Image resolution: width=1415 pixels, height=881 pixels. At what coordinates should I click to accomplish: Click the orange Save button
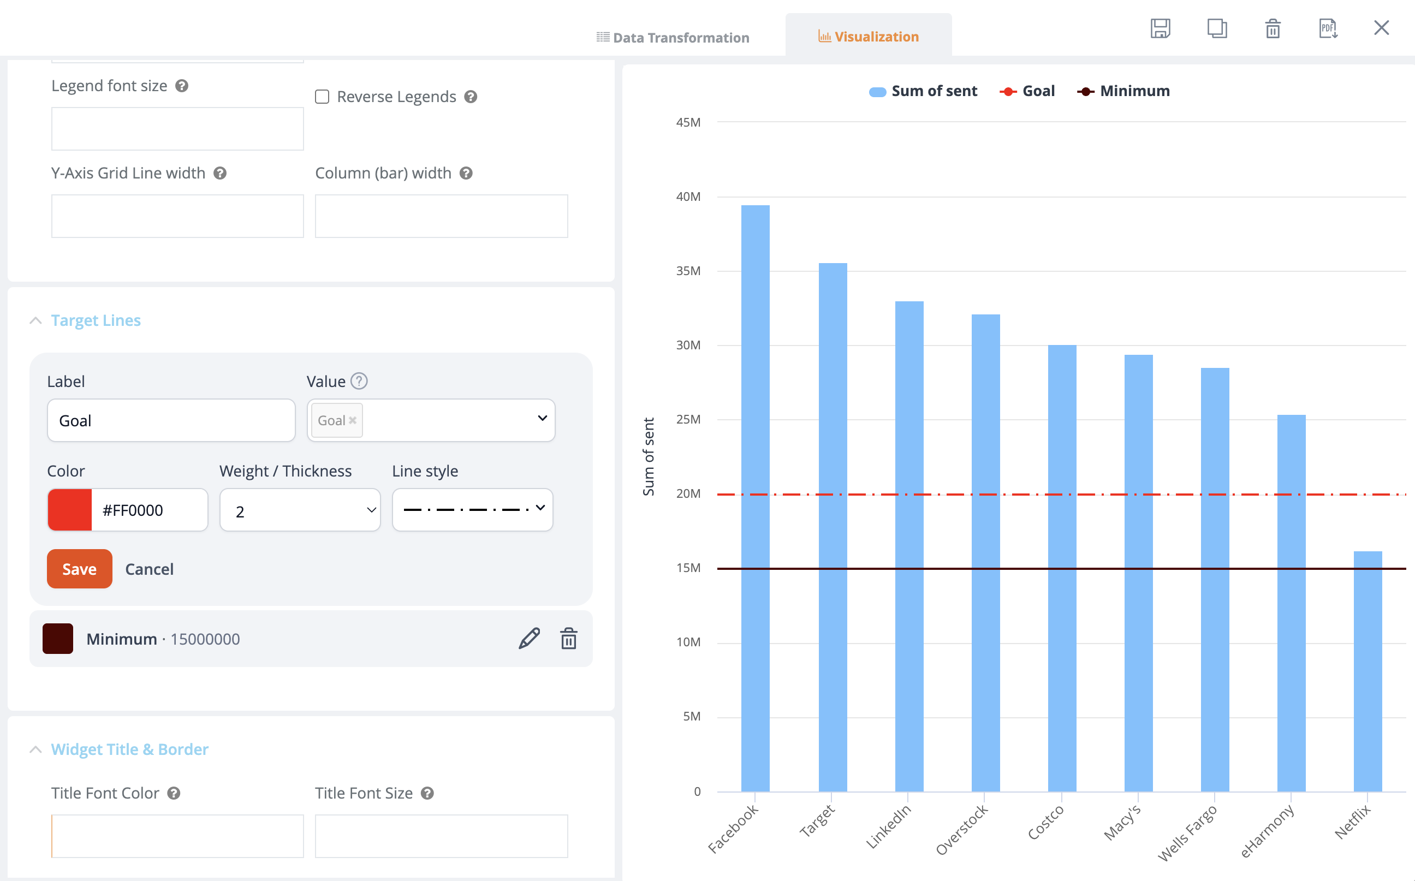click(79, 569)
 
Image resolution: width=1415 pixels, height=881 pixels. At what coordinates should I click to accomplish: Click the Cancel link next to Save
click(149, 569)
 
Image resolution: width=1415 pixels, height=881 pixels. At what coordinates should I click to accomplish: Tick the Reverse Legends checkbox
click(322, 97)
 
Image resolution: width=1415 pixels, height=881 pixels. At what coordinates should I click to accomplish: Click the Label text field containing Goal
click(171, 420)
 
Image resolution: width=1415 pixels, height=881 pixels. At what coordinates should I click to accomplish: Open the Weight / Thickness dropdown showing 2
click(300, 510)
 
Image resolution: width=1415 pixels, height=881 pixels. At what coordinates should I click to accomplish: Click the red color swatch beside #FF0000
click(70, 510)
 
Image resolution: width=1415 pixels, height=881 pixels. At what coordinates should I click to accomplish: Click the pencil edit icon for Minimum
click(529, 639)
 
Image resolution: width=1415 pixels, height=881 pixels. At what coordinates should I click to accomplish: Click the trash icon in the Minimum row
click(569, 639)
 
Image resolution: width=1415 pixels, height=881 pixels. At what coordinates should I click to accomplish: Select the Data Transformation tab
click(673, 37)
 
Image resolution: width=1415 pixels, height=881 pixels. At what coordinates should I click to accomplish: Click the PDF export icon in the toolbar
click(1328, 28)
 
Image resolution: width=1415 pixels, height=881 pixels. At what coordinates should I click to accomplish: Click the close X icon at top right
click(1381, 28)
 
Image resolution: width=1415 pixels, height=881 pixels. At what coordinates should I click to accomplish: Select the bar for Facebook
click(756, 498)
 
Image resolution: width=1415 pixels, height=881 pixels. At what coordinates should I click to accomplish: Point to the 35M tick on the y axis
click(688, 271)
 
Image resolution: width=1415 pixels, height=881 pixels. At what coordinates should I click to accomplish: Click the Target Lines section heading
click(96, 320)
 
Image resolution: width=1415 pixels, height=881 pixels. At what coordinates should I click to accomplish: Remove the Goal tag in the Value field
click(353, 420)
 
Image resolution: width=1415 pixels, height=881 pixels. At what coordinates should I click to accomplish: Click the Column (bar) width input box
click(441, 216)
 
